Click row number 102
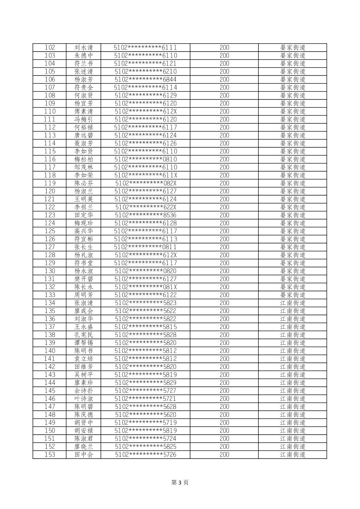[50, 48]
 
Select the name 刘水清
[83, 48]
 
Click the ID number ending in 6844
[145, 79]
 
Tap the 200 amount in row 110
[224, 112]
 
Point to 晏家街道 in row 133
[293, 295]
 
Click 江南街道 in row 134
[293, 303]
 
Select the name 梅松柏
[83, 159]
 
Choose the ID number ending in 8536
[145, 215]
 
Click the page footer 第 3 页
[180, 483]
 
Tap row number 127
[50, 247]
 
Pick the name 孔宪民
[83, 335]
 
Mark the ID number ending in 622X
[145, 207]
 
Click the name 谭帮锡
[83, 343]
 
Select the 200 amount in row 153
[224, 455]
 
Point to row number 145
[50, 391]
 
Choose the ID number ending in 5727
[145, 391]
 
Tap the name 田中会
[83, 455]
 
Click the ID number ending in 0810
[145, 159]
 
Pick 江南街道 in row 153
[293, 455]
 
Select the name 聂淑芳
[83, 143]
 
